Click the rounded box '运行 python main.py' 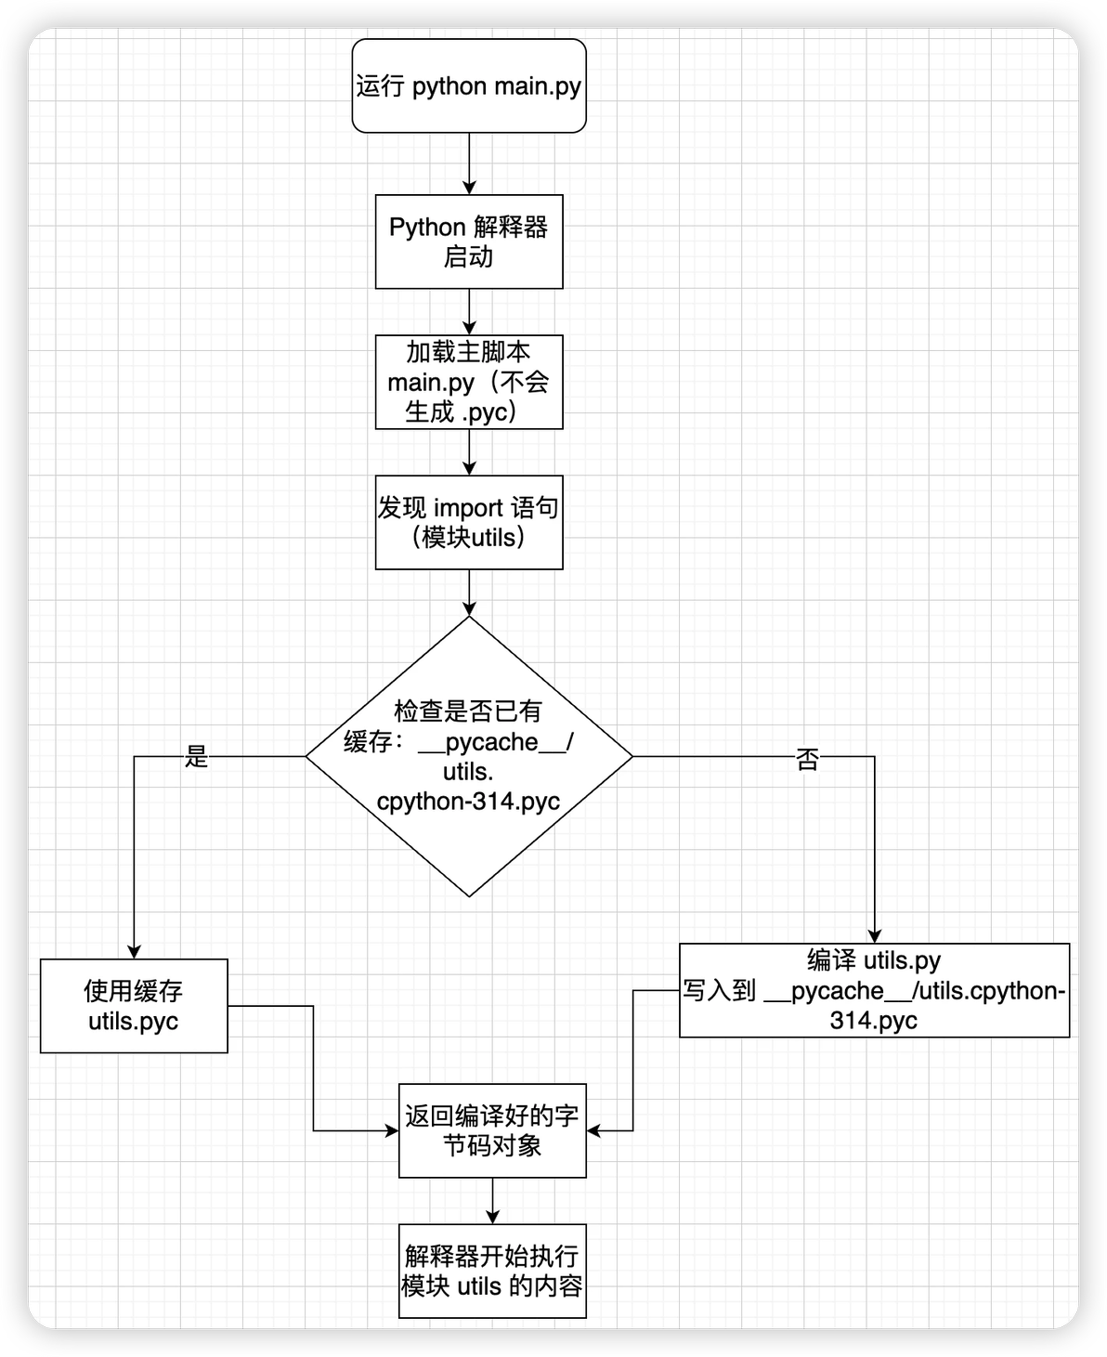(469, 85)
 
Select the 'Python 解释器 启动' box (469, 241)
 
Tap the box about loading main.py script (469, 382)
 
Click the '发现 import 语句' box (469, 522)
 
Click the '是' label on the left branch (196, 757)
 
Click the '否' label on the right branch (807, 760)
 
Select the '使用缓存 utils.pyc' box (134, 1006)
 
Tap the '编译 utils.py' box (874, 990)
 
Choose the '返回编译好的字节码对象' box (492, 1130)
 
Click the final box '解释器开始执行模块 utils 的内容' (492, 1271)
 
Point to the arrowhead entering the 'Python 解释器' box (469, 188)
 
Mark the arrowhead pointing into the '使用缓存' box (134, 952)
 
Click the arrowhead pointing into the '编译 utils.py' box (874, 936)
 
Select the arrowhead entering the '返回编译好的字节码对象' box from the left (392, 1130)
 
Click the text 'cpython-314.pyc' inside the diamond (468, 802)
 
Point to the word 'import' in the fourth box (469, 508)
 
